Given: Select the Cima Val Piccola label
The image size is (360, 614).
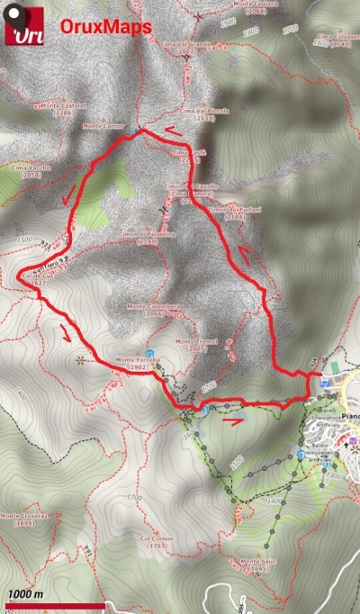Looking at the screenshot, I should (197, 112).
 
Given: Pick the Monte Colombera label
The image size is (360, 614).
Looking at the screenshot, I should (154, 310).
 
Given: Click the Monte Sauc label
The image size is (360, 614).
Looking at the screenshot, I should (255, 564).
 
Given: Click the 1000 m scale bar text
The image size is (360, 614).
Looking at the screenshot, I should (26, 593).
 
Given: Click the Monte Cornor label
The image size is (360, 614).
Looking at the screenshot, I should (102, 126).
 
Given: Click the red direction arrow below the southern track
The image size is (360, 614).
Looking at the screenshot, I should (231, 419).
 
